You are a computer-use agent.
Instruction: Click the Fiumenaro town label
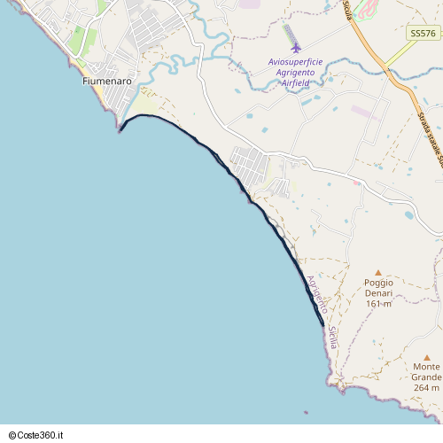click(106, 81)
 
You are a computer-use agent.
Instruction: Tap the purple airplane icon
click(295, 47)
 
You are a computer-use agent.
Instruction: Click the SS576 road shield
click(424, 33)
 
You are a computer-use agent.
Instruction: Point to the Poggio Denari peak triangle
click(378, 272)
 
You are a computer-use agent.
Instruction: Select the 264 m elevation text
click(426, 387)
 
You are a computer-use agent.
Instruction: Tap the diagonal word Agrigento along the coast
click(316, 295)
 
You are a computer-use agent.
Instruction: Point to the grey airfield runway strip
click(289, 34)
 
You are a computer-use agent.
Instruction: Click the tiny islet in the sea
click(306, 412)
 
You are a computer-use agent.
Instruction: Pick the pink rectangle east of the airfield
click(364, 113)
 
